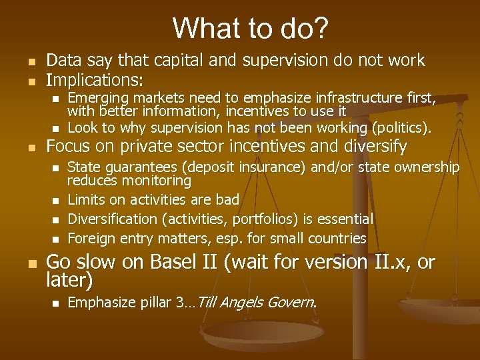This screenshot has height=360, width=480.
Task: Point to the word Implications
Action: [93, 81]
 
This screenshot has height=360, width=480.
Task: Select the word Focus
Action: [68, 147]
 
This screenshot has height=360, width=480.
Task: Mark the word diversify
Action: [375, 147]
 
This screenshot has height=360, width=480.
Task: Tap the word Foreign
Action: [91, 238]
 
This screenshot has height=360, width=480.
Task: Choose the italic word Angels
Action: [242, 303]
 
